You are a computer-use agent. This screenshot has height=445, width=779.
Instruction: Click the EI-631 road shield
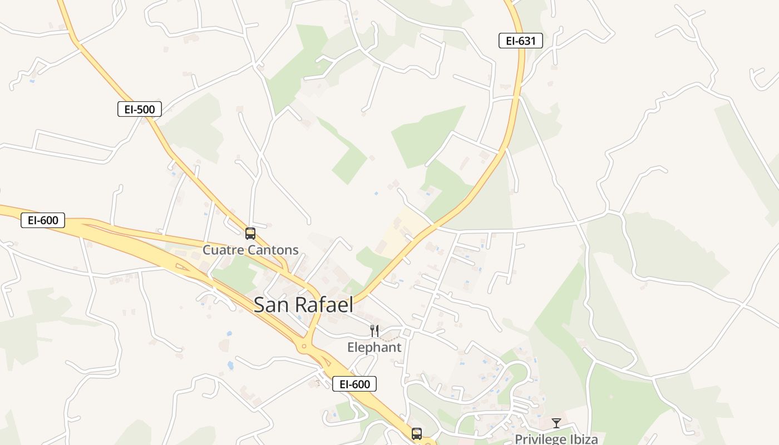tap(520, 41)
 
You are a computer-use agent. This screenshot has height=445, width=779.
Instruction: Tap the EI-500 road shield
tap(140, 109)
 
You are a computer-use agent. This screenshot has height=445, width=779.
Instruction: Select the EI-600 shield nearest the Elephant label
tap(354, 384)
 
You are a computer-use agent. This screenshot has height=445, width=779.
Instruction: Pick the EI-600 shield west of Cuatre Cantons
tap(43, 220)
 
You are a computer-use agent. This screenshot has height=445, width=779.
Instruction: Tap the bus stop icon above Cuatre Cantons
tap(250, 233)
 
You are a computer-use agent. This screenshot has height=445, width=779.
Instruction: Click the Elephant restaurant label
tap(374, 347)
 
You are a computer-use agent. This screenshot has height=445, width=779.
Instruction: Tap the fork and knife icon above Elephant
tap(374, 331)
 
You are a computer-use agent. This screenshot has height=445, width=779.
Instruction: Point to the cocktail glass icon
tap(556, 423)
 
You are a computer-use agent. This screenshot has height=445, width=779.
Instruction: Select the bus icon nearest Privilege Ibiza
tap(417, 433)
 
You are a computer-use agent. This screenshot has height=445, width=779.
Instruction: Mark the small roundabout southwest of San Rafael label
tap(303, 347)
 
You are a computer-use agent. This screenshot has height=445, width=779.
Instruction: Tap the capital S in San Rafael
tap(260, 304)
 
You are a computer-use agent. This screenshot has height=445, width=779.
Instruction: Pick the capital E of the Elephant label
tap(351, 347)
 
